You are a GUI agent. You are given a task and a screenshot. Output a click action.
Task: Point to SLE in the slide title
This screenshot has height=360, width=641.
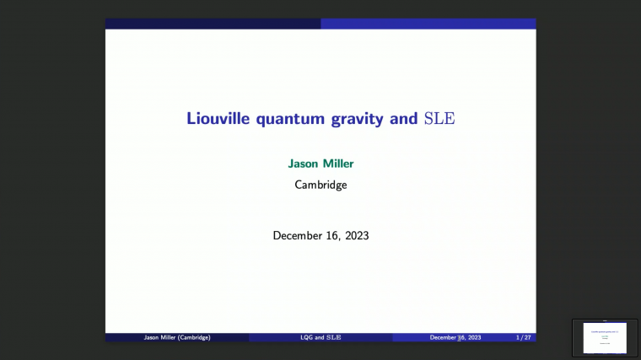439,119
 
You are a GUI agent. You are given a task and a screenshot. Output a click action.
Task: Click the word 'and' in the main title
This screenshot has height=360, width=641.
404,119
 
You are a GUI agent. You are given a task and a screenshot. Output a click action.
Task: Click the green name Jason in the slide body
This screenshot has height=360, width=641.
304,164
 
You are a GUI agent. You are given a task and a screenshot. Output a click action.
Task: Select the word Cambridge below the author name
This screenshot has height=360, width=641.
320,185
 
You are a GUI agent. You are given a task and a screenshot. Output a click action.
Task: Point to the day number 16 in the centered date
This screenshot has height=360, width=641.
332,235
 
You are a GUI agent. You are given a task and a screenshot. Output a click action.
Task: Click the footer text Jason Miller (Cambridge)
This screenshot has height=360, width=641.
176,337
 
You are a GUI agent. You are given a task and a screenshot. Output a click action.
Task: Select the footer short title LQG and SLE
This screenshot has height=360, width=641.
320,337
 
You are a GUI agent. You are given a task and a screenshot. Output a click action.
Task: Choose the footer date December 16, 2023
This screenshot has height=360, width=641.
455,337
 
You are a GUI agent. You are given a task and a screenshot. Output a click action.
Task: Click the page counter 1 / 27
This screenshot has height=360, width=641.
523,337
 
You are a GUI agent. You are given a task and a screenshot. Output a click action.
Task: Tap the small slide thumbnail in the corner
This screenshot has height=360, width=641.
605,337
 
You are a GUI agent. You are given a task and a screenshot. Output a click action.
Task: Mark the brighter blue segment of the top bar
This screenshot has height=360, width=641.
428,24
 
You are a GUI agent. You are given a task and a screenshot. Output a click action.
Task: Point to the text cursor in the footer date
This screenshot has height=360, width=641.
459,338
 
